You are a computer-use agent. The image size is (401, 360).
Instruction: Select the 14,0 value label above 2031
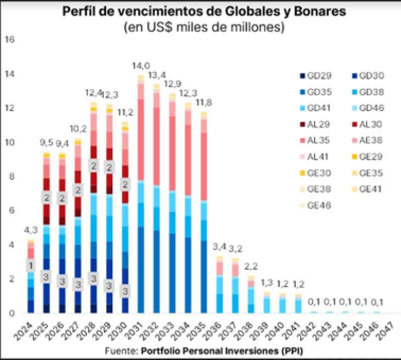141,65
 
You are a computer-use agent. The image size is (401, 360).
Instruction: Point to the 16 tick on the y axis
9,40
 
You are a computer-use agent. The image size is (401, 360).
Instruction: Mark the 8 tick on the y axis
11,176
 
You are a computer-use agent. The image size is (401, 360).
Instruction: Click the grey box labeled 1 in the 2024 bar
31,266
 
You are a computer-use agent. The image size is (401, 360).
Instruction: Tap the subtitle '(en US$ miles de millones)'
204,28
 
